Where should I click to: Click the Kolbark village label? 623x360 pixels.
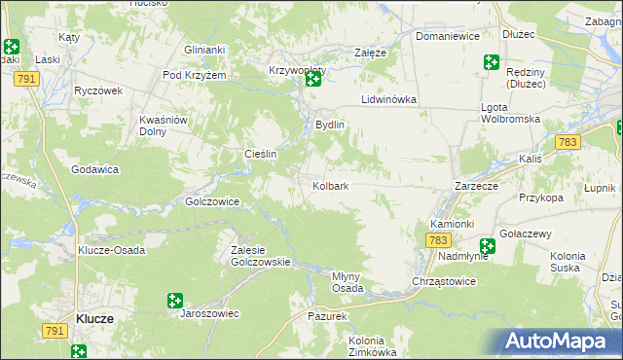(x=331, y=185)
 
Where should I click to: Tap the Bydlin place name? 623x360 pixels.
(x=330, y=126)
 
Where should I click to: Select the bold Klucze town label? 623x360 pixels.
(x=95, y=318)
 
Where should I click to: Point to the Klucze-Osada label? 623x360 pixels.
(x=111, y=250)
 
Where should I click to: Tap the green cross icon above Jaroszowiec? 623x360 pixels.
(x=175, y=301)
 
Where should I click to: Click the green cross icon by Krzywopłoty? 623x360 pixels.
(x=313, y=79)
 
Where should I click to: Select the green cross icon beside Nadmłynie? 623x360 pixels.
(x=487, y=247)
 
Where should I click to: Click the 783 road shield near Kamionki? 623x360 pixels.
(x=439, y=240)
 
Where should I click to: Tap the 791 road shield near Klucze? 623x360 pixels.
(x=55, y=332)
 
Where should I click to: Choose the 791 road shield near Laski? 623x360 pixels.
(x=27, y=78)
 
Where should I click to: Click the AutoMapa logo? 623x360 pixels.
(x=558, y=342)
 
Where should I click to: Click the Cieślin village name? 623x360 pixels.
(x=261, y=154)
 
